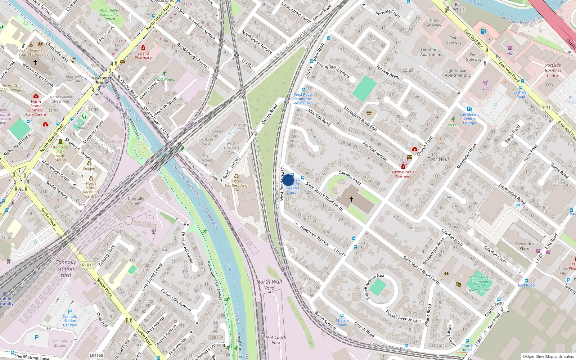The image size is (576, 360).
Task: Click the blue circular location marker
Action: tap(288, 180)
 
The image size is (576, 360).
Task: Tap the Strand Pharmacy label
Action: tap(143, 55)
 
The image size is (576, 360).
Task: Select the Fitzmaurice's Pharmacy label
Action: tap(403, 174)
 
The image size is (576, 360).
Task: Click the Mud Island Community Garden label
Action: tap(109, 14)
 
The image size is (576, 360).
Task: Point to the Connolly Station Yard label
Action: tap(66, 269)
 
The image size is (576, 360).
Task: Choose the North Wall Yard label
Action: tap(269, 285)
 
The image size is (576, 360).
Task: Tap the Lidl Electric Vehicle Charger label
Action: tap(469, 119)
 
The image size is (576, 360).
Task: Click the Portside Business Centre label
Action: tap(553, 71)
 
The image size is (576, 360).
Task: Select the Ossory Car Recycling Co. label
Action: tap(236, 185)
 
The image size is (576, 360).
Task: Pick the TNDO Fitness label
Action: tap(164, 80)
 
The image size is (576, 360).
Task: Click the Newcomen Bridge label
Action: tap(102, 80)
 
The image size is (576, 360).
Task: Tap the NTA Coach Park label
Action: tap(276, 340)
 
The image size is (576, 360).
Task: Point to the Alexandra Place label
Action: tap(524, 246)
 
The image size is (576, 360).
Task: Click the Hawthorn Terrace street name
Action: tap(314, 235)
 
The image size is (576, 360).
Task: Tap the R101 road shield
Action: tap(87, 265)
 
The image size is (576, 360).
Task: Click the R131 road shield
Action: tap(546, 108)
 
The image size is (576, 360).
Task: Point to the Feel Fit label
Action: tap(453, 125)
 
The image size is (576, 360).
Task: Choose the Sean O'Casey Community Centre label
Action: tap(480, 284)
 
